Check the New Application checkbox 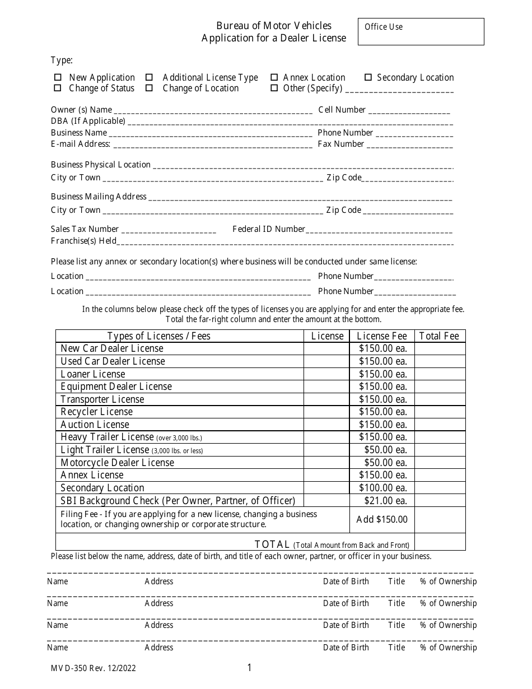click(x=57, y=77)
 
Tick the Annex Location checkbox click(x=274, y=77)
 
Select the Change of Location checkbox click(x=150, y=88)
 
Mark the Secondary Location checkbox click(x=368, y=77)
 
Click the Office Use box click(x=421, y=31)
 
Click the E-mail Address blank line click(x=212, y=145)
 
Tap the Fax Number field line click(x=409, y=145)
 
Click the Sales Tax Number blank click(x=169, y=230)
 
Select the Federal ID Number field click(x=379, y=230)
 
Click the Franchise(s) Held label click(x=83, y=241)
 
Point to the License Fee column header click(x=381, y=336)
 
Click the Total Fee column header click(x=439, y=336)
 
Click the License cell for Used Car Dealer click(x=326, y=361)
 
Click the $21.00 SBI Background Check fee click(x=385, y=501)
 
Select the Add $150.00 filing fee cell click(x=382, y=519)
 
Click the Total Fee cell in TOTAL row click(x=440, y=542)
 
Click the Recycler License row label click(x=96, y=412)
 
